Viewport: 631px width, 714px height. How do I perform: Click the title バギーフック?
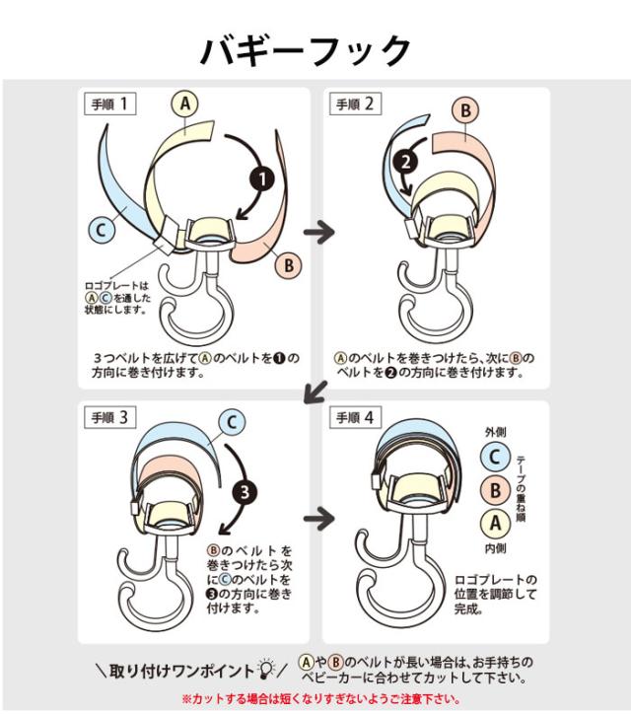306,50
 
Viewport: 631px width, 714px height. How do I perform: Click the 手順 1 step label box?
109,104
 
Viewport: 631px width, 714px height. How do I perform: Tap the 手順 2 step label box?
355,104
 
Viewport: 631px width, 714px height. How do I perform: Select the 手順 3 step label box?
109,417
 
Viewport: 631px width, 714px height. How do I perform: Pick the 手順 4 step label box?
355,417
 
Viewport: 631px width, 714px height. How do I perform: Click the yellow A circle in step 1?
184,105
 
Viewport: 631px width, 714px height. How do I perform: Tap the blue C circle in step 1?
102,229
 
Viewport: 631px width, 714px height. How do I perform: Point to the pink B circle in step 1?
289,265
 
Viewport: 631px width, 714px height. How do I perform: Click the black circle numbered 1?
262,178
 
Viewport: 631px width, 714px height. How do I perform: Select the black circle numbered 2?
406,162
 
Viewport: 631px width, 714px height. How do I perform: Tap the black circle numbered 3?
245,492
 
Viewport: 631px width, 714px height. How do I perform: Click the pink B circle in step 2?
465,110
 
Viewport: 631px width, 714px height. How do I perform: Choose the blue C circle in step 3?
232,422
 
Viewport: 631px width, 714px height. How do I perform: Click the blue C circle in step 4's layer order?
495,457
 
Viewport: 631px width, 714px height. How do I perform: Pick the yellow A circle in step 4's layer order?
495,524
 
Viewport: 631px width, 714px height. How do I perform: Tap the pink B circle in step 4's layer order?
495,490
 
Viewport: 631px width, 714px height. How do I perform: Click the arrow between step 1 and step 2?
319,232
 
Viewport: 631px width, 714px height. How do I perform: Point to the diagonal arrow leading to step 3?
316,392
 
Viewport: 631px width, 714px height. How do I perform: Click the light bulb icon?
266,669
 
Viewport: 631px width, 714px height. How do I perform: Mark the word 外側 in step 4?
495,432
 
